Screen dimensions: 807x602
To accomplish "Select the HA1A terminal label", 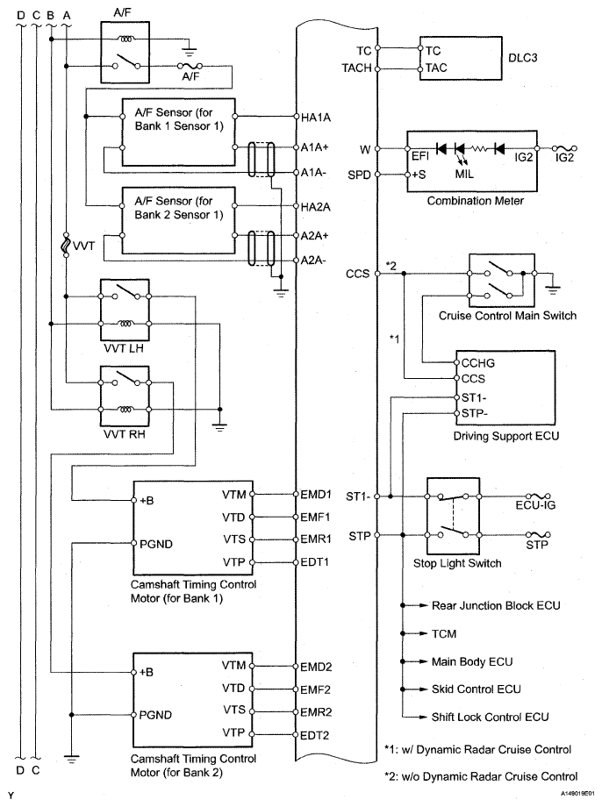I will click(316, 117).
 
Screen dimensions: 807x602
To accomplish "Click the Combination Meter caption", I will click(476, 201).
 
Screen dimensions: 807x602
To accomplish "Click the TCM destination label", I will click(444, 632).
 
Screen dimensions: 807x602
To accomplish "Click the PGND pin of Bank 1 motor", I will click(156, 544).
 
